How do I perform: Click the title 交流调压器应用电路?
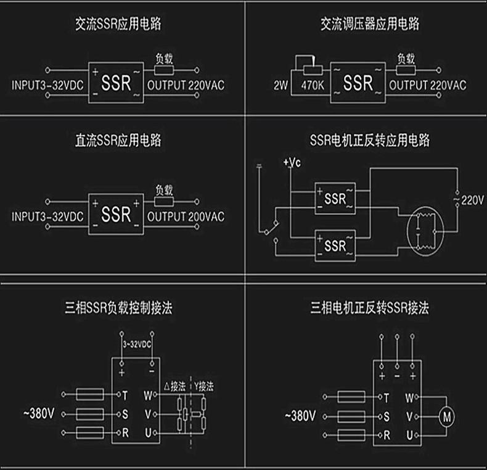click(x=370, y=25)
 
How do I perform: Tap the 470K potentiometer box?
click(x=313, y=84)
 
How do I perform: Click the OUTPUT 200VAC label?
click(x=186, y=216)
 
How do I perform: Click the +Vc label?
click(x=292, y=163)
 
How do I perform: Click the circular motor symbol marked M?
click(x=446, y=417)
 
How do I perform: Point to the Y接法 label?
click(x=204, y=387)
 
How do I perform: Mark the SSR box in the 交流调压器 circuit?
click(x=358, y=83)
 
